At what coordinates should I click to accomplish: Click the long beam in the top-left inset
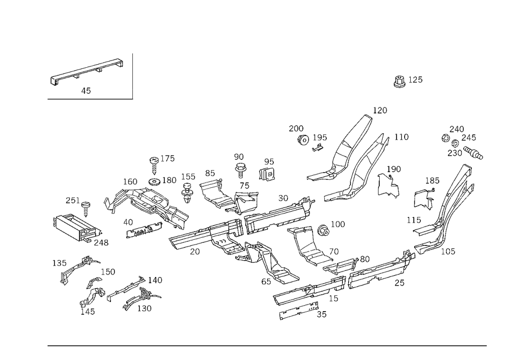pos(87,71)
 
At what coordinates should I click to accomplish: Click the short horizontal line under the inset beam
pos(90,100)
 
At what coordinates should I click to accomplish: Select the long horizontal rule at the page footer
pos(267,345)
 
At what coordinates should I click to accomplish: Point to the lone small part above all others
pos(401,81)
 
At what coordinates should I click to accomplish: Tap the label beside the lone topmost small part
pos(416,79)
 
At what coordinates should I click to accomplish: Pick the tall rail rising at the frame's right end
pos(453,199)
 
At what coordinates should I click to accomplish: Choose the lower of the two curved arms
pos(361,171)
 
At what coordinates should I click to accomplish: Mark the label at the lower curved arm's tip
pos(402,136)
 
